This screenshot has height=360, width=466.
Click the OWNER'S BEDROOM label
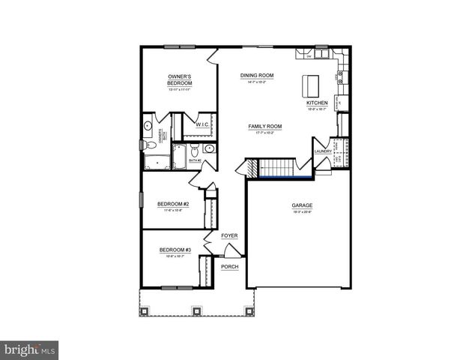point(180,79)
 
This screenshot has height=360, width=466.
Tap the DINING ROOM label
point(257,76)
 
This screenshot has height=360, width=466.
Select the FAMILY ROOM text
point(264,127)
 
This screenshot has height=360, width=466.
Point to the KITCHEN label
point(317,103)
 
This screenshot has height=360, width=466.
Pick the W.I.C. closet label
point(202,125)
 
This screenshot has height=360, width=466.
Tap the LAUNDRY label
point(323,151)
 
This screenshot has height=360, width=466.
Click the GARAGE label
point(302,205)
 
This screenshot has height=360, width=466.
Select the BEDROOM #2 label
point(172,204)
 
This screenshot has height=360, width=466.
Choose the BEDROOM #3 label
point(175,250)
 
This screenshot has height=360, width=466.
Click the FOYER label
point(229,235)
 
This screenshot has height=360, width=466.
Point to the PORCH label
point(229,266)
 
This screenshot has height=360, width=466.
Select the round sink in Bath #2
point(209,148)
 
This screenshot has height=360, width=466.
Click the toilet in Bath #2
point(195,149)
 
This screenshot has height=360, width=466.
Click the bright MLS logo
point(30,349)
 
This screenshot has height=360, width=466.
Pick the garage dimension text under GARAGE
point(302,212)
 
